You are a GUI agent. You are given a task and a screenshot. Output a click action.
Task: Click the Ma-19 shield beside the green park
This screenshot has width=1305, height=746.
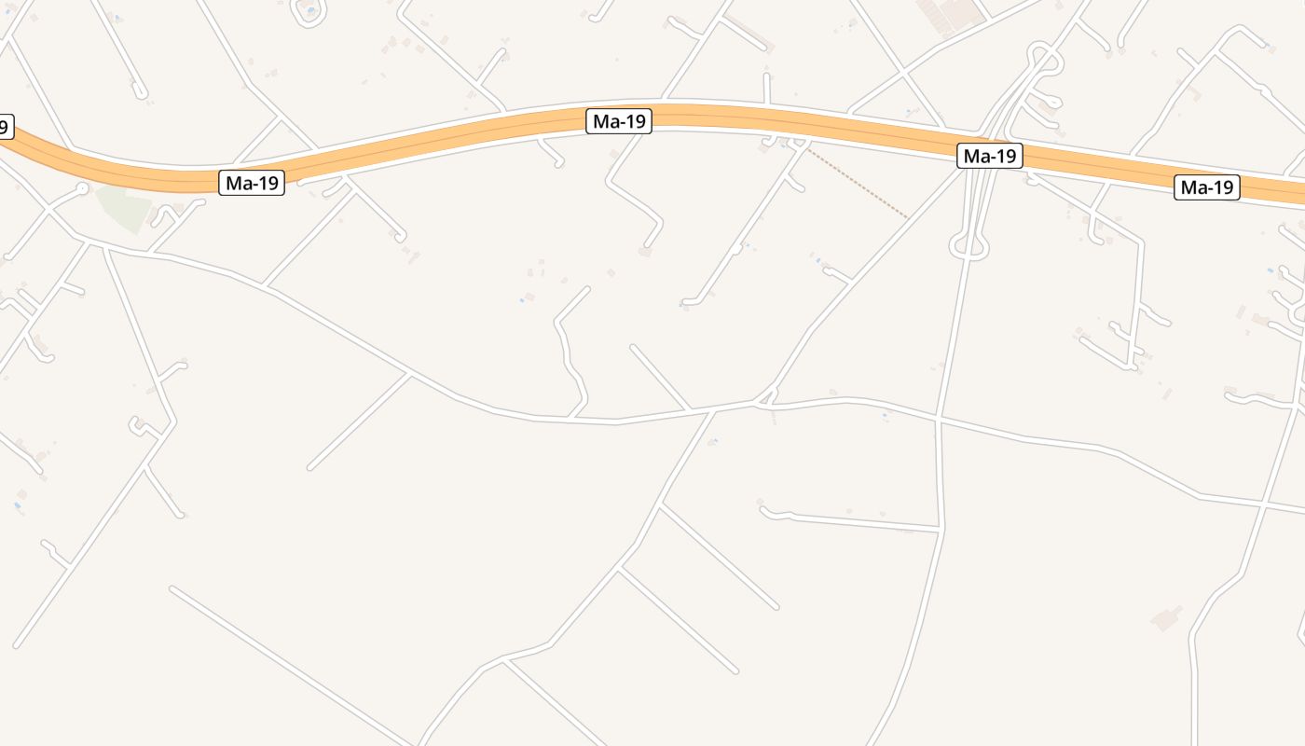[x=252, y=183]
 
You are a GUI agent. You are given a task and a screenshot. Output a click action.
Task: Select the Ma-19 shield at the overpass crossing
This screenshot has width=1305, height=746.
[x=989, y=156]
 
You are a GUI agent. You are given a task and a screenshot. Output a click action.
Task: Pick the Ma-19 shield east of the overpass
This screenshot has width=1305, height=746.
[x=1207, y=187]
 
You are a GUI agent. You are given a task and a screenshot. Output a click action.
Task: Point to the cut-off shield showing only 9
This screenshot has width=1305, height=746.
[x=6, y=126]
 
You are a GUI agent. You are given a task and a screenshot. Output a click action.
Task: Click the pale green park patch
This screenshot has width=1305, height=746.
[x=125, y=207]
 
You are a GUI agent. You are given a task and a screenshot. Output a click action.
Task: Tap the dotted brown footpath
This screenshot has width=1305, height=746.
[x=858, y=182]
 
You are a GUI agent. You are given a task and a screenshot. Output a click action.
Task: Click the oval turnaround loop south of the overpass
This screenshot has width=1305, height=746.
[x=968, y=247]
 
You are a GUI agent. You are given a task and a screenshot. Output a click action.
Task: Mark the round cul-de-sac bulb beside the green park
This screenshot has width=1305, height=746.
[x=82, y=189]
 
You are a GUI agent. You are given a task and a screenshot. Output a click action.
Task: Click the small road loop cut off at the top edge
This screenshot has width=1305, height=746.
[x=310, y=11]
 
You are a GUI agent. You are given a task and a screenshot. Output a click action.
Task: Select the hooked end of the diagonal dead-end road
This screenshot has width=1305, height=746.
[x=687, y=301]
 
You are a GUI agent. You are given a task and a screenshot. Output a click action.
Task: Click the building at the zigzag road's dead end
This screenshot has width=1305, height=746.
[x=645, y=252]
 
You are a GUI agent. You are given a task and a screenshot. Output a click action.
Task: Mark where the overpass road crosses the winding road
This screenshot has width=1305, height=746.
[x=938, y=419]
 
